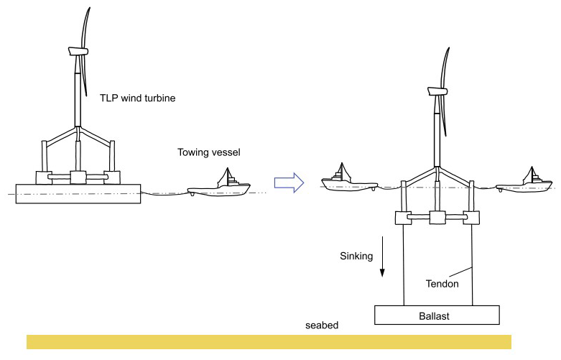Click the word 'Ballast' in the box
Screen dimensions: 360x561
pos(437,315)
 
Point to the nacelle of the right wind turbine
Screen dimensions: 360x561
pos(436,91)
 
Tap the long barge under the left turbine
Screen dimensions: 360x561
pos(78,194)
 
